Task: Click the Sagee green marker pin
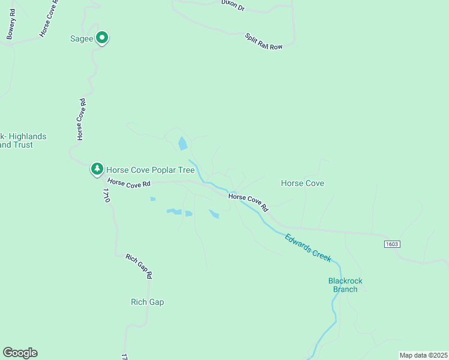click(102, 38)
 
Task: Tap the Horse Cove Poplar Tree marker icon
click(97, 169)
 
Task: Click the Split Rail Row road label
click(264, 41)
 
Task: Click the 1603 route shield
click(391, 244)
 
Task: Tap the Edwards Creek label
click(308, 247)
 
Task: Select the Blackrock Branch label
click(345, 285)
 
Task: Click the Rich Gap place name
click(147, 302)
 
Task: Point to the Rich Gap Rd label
click(139, 266)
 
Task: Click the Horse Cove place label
click(303, 183)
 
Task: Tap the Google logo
click(20, 353)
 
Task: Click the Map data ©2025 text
click(423, 355)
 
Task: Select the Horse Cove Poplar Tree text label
click(148, 169)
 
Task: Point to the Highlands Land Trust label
click(23, 140)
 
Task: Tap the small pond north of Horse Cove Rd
click(182, 143)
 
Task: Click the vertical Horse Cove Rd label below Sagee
click(80, 119)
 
